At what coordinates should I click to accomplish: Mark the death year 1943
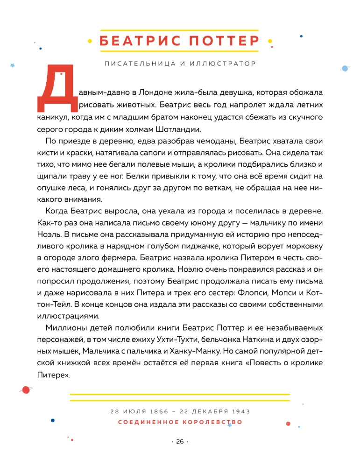[240, 411]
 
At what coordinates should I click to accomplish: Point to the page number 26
[180, 442]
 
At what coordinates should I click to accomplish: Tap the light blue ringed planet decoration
[345, 68]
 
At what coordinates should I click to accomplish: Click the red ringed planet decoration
[25, 389]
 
